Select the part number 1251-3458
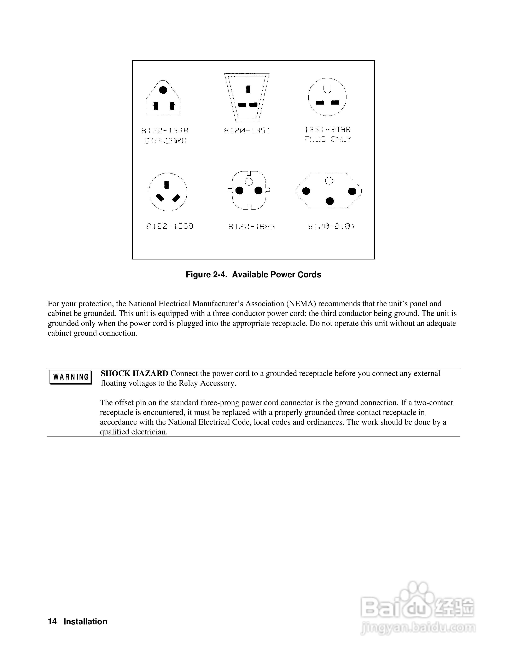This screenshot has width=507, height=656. tap(327, 130)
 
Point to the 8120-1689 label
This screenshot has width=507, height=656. tap(251, 227)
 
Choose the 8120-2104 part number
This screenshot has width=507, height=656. tap(331, 226)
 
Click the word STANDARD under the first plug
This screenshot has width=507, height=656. tap(165, 141)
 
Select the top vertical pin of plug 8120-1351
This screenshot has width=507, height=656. tap(248, 89)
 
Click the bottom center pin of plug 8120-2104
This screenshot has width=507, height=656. tap(330, 201)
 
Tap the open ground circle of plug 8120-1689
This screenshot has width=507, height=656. tap(249, 181)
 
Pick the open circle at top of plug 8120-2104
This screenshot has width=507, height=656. tap(329, 181)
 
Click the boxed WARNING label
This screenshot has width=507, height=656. tap(71, 377)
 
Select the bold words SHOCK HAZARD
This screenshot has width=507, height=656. tap(134, 373)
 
